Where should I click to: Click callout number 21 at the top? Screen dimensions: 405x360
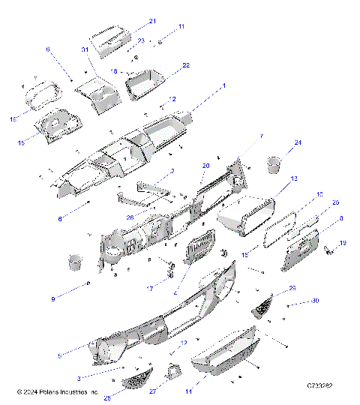pos(152,21)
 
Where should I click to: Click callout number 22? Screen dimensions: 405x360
pos(186,65)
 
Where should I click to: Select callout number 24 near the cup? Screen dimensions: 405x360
pos(297,142)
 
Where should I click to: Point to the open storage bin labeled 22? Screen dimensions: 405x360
pos(146,83)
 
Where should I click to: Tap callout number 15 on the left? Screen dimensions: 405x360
pos(21,142)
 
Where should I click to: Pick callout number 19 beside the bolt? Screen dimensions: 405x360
pos(343,243)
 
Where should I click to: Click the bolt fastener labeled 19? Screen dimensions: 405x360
pos(328,253)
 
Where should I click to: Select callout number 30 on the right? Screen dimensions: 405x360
pos(315,301)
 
